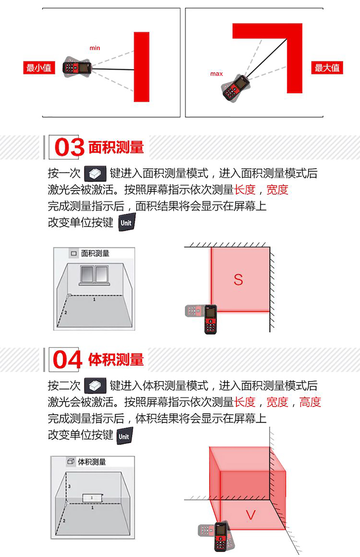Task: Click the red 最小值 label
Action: (39, 68)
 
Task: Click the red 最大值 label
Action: (327, 68)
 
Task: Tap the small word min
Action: (95, 48)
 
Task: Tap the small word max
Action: (216, 74)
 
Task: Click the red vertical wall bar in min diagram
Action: (142, 67)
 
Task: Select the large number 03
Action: (69, 147)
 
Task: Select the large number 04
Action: (67, 360)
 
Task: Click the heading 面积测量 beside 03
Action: (116, 147)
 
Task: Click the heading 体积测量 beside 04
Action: (116, 360)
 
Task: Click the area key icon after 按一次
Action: (95, 174)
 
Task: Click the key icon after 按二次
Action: (95, 386)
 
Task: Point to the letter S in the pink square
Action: (238, 280)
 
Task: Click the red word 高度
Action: (310, 402)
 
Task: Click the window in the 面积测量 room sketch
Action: (94, 275)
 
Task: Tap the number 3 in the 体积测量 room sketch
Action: (69, 486)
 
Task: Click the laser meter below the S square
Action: (211, 319)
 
